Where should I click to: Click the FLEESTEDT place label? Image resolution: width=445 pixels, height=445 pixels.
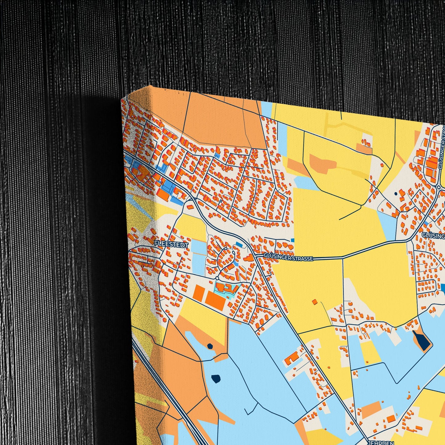pyautogui.click(x=167, y=244)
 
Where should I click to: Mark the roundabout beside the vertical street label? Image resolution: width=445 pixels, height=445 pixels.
pyautogui.click(x=439, y=187)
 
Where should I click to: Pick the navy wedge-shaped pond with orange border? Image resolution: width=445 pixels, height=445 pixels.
pyautogui.click(x=422, y=341)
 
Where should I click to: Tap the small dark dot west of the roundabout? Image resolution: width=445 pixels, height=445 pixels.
pyautogui.click(x=395, y=194)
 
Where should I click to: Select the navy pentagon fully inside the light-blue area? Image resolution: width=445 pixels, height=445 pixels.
pyautogui.click(x=216, y=378)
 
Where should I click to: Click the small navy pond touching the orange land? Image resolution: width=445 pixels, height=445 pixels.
pyautogui.click(x=210, y=346)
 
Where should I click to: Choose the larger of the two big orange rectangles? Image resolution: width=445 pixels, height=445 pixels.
pyautogui.click(x=216, y=301)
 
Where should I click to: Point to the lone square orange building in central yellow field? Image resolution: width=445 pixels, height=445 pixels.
pyautogui.click(x=314, y=301)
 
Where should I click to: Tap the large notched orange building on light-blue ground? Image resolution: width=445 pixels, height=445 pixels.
pyautogui.click(x=292, y=357)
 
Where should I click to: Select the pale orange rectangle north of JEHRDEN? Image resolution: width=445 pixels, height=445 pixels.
pyautogui.click(x=371, y=410)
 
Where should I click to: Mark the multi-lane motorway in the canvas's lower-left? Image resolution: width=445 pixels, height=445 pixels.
pyautogui.click(x=172, y=400)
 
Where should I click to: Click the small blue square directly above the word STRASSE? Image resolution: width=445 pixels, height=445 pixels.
pyautogui.click(x=292, y=240)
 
